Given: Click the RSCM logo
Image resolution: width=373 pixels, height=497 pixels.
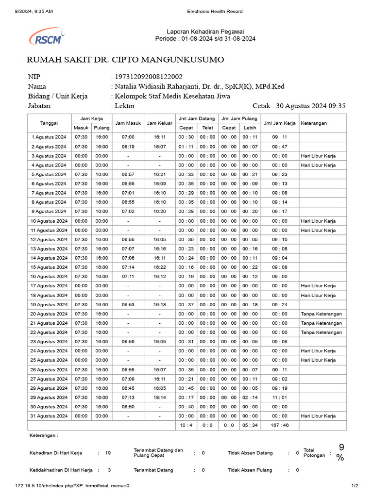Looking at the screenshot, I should (47, 36).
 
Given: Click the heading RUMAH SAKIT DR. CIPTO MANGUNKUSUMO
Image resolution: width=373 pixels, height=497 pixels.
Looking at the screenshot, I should (125, 60).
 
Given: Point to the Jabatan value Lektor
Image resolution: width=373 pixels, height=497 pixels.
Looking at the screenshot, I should (125, 105).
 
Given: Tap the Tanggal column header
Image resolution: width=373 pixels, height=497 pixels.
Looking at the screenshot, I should (49, 123).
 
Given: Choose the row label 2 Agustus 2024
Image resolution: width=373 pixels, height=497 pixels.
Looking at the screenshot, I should (49, 147).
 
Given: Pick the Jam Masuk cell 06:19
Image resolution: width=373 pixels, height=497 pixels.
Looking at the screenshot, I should (128, 147).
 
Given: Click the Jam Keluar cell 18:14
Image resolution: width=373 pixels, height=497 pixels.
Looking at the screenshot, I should (159, 397).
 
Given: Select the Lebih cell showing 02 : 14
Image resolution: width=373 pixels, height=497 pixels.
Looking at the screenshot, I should (250, 397).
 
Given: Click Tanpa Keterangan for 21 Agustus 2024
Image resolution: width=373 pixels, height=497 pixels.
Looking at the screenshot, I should (321, 323).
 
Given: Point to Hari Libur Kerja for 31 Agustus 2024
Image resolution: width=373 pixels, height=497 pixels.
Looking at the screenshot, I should (318, 416).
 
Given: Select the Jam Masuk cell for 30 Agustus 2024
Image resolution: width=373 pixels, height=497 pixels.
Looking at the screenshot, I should (128, 407).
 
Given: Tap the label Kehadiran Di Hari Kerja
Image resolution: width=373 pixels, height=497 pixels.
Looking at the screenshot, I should (56, 453).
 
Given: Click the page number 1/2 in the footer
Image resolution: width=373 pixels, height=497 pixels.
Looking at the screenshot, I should (355, 485).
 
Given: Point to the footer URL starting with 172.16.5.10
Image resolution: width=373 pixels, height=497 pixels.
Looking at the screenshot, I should (72, 485).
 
